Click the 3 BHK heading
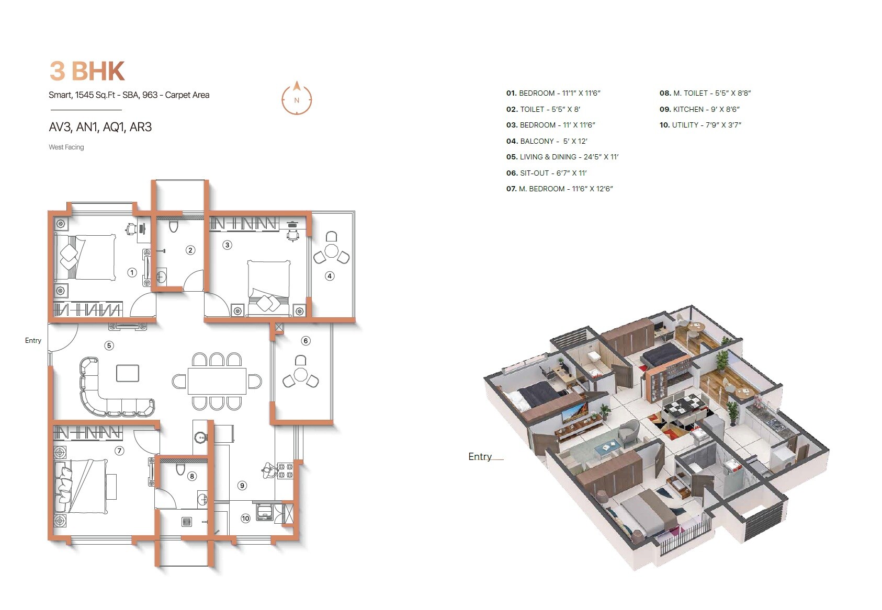[87, 71]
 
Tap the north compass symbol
[297, 99]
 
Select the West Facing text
[66, 147]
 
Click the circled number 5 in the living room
[109, 346]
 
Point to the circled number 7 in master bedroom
[119, 451]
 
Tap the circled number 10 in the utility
[245, 519]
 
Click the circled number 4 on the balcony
[330, 276]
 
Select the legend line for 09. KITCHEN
[699, 109]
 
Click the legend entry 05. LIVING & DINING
[562, 157]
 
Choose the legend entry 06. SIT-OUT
[547, 173]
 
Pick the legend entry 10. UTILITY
[700, 125]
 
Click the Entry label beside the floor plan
[33, 341]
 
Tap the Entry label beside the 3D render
[480, 457]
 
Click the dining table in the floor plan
[217, 381]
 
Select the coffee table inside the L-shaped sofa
[128, 373]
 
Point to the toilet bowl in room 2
[174, 227]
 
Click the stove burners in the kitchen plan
[285, 470]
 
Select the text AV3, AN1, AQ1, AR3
[100, 127]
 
